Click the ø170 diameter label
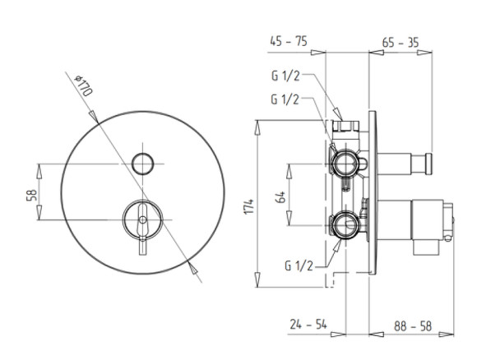pyautogui.click(x=84, y=85)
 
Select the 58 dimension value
pyautogui.click(x=31, y=195)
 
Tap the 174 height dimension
pyautogui.click(x=249, y=206)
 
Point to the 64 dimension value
pyautogui.click(x=280, y=197)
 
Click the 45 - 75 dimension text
pyautogui.click(x=289, y=41)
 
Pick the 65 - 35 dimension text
pyautogui.click(x=401, y=43)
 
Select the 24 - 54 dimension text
pyautogui.click(x=308, y=324)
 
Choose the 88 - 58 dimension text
pyautogui.click(x=413, y=326)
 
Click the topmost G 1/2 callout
pyautogui.click(x=285, y=76)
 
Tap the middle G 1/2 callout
pyautogui.click(x=285, y=99)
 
